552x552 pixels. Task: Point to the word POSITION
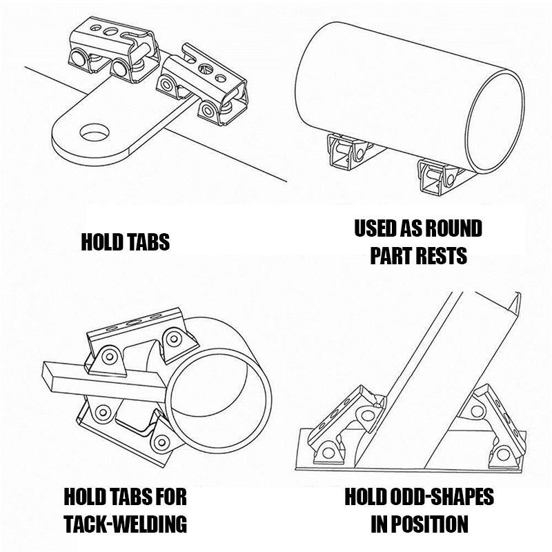click(x=428, y=524)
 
